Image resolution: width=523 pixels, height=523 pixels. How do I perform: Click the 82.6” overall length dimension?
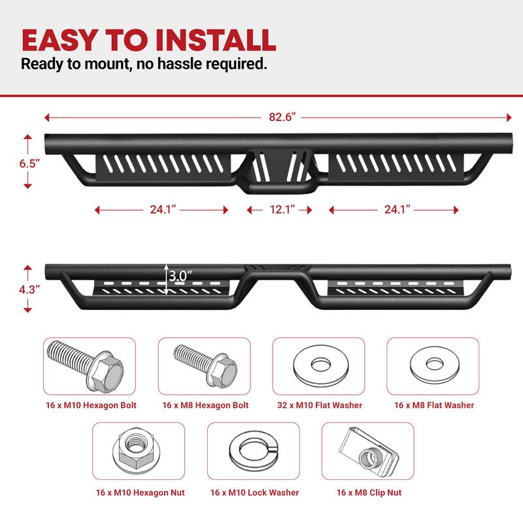click(282, 117)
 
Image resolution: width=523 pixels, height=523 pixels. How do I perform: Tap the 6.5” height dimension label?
click(29, 163)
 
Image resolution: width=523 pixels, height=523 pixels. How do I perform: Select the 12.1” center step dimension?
click(282, 209)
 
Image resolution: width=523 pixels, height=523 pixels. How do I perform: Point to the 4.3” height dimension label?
click(29, 290)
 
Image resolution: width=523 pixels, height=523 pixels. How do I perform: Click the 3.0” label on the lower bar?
click(180, 276)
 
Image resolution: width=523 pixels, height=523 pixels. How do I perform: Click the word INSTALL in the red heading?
click(216, 40)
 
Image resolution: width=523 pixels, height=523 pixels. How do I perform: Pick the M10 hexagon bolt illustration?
click(86, 365)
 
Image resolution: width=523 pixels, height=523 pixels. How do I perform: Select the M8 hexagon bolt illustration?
click(205, 365)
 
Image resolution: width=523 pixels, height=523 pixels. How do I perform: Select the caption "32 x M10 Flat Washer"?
click(320, 405)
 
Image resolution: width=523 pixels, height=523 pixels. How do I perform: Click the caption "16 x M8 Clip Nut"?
click(369, 493)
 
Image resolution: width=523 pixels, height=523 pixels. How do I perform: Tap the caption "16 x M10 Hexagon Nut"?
click(140, 493)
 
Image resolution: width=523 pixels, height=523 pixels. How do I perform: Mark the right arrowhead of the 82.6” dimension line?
click(509, 118)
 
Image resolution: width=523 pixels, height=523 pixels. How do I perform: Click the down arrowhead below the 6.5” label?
click(27, 186)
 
